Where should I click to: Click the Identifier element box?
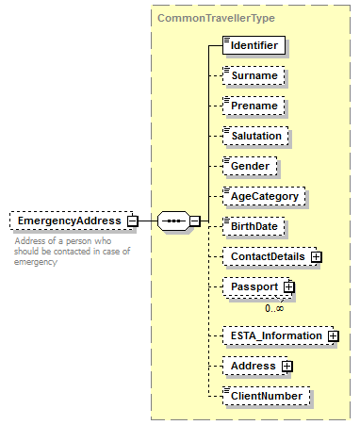[x=254, y=44]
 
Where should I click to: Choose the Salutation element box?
[x=256, y=136]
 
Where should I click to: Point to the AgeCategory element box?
[x=264, y=196]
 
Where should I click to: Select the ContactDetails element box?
[x=267, y=256]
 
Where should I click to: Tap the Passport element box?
[x=254, y=286]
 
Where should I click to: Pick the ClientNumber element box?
[x=266, y=396]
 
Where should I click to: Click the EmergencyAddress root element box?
[x=68, y=221]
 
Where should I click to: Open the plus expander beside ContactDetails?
[x=317, y=256]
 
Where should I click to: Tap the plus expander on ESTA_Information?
[x=333, y=335]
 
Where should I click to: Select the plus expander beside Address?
[x=286, y=366]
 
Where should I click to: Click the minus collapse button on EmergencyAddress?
[x=133, y=221]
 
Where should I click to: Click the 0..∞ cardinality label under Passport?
[x=274, y=307]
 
